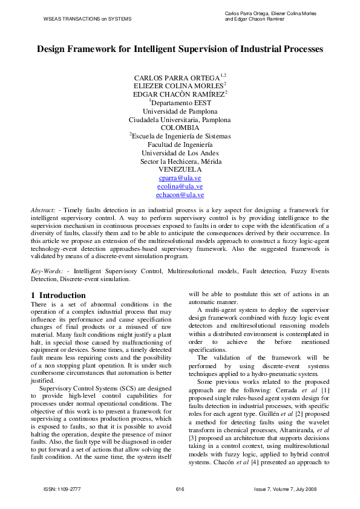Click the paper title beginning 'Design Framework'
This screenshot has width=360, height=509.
(x=180, y=48)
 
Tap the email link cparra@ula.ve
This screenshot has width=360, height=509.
(x=180, y=178)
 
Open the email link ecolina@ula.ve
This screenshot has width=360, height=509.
(x=180, y=187)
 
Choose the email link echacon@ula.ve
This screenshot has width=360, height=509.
(x=180, y=195)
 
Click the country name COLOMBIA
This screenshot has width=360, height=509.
(x=180, y=128)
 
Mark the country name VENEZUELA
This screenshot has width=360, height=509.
(x=180, y=170)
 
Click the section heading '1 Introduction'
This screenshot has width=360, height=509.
(x=58, y=295)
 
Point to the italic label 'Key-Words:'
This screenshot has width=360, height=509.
(x=48, y=271)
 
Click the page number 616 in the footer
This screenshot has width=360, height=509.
(x=180, y=488)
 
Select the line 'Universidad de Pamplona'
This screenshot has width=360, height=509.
(x=180, y=111)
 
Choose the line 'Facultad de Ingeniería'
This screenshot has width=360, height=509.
(x=180, y=144)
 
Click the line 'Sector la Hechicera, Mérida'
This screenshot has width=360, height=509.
(x=180, y=161)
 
